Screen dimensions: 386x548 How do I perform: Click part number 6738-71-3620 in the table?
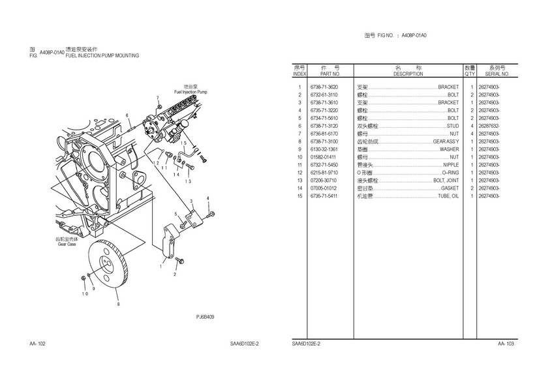click(324, 87)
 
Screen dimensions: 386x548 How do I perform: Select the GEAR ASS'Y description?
click(446, 141)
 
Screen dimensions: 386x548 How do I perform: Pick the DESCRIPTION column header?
click(408, 74)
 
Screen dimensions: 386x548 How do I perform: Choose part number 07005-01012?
click(324, 188)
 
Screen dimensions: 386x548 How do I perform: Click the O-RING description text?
click(450, 173)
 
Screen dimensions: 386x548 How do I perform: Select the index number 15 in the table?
click(299, 196)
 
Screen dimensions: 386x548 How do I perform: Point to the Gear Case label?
click(67, 244)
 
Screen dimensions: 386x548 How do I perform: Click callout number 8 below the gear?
click(117, 304)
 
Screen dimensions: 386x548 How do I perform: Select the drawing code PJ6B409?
click(205, 317)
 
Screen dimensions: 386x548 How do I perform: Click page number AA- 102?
click(37, 344)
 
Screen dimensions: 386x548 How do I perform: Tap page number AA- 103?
click(506, 344)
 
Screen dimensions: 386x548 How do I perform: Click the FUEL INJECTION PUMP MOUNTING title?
click(102, 56)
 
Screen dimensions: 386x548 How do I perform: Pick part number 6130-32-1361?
click(324, 149)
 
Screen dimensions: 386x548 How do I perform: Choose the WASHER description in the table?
click(449, 149)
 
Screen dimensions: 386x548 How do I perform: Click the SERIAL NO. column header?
click(497, 74)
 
